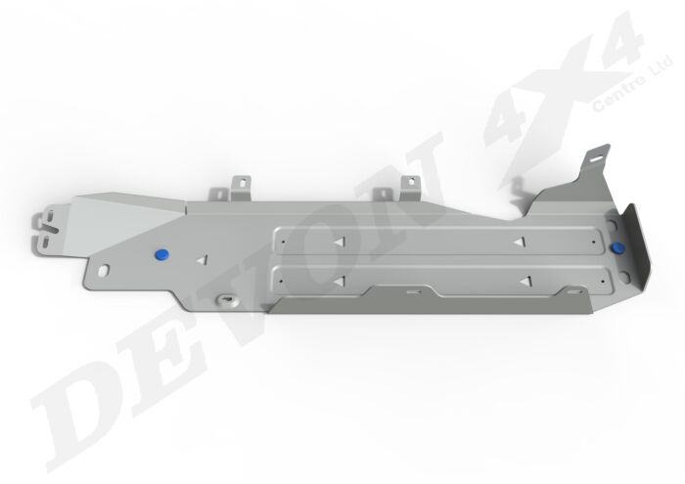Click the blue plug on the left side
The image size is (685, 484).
pos(162,253)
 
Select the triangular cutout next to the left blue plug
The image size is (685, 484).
pos(202,261)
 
